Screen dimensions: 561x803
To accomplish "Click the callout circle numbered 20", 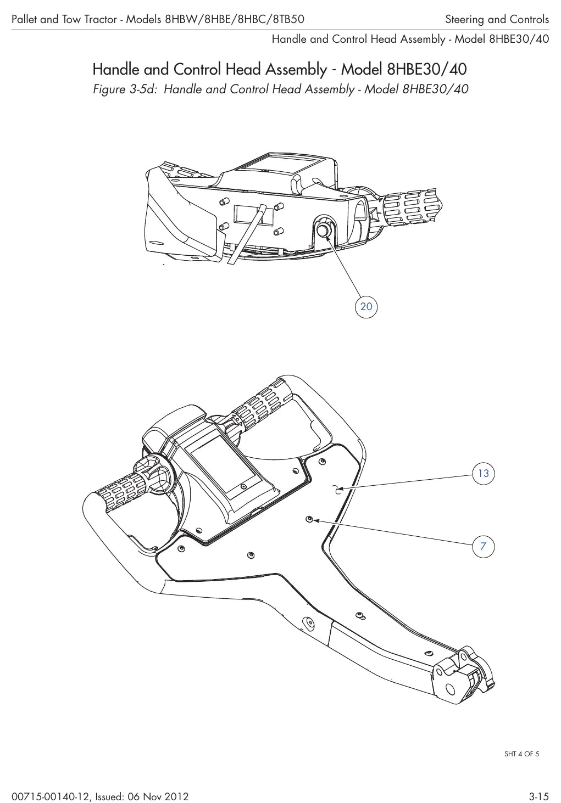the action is (x=366, y=306).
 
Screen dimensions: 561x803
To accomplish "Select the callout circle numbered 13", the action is (x=484, y=474).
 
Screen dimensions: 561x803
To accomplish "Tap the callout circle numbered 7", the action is (x=484, y=546).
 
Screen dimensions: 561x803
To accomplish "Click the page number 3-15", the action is (x=538, y=796).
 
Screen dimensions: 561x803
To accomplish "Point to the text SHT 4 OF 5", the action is (x=521, y=754).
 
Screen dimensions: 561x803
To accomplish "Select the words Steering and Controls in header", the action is (x=497, y=19).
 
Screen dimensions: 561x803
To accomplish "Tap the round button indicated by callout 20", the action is (x=324, y=230).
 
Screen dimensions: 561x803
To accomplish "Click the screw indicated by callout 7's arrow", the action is (x=309, y=519).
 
